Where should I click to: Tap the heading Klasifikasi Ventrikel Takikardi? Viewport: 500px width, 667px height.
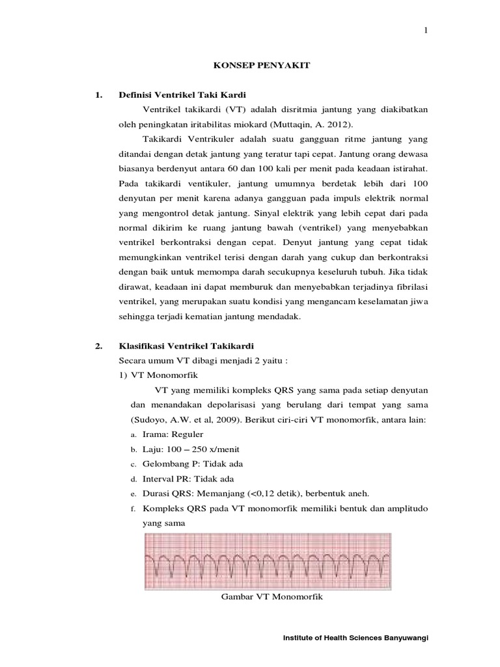click(x=186, y=345)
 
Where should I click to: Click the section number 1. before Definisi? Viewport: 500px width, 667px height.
click(x=99, y=94)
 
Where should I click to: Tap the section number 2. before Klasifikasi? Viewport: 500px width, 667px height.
click(x=99, y=345)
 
